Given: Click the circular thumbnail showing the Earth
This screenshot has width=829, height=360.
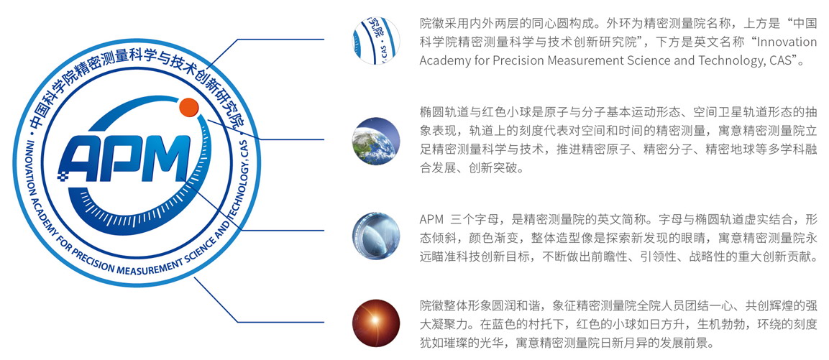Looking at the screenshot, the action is click(376, 141).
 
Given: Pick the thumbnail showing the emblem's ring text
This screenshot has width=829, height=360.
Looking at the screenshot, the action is click(376, 41).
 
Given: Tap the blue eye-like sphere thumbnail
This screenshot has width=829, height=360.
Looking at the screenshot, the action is click(376, 236).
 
